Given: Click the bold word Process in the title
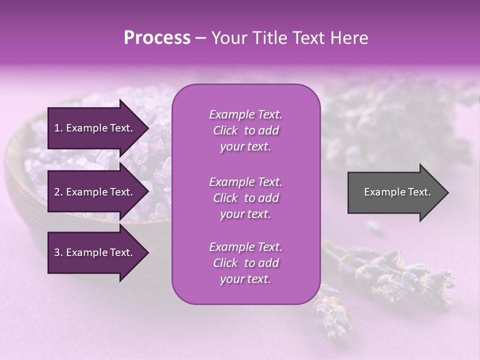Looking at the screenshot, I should pos(157,38).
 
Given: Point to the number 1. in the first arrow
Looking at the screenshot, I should pos(58,128).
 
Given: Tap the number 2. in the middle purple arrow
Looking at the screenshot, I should pos(58,192).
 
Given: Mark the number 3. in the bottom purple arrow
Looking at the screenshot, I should pos(58,252).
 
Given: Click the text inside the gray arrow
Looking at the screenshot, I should pos(397,192).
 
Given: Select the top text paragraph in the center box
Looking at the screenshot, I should pos(245,130).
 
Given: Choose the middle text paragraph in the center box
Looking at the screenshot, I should pos(245,198).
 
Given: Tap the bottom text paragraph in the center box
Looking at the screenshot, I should pos(245,263).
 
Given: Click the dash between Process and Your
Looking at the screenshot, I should pos(200,39).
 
